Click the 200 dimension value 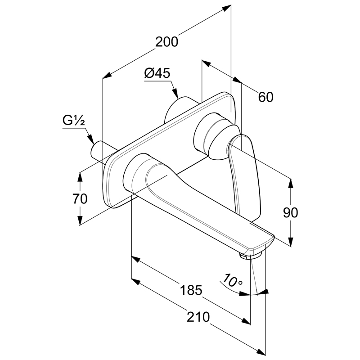[x=167, y=42]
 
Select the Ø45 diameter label [x=157, y=73]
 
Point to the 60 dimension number [x=265, y=97]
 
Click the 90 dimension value [x=291, y=213]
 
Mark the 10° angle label [x=233, y=283]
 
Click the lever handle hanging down [x=245, y=175]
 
